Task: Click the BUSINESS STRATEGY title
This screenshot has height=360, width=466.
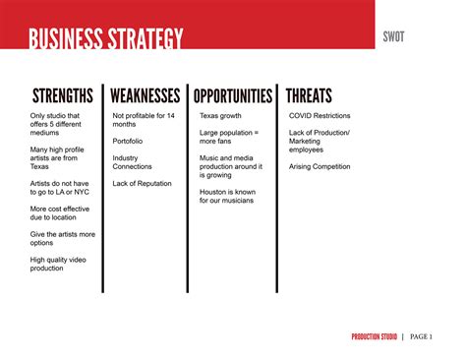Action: [105, 40]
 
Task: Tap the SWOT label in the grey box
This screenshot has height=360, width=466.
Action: [394, 36]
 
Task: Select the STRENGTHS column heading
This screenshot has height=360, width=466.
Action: [63, 96]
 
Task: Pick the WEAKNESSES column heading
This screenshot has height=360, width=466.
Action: [145, 96]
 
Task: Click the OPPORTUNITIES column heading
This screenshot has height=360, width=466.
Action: [233, 96]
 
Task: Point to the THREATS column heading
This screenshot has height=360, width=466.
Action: [309, 96]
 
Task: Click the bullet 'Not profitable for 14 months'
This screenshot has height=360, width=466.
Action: [144, 120]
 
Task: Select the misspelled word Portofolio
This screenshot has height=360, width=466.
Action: [131, 140]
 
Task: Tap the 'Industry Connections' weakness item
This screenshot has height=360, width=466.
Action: [133, 161]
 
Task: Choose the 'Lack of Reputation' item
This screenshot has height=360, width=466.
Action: [142, 183]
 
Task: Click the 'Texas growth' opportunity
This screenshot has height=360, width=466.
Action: [220, 115]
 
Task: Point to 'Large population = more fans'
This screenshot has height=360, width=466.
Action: [228, 136]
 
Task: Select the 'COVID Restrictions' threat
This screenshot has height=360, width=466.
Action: [320, 115]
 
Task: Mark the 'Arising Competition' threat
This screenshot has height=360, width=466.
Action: [320, 166]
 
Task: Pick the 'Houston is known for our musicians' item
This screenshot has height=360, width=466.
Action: [226, 195]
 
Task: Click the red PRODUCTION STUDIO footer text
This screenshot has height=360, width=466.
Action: [375, 337]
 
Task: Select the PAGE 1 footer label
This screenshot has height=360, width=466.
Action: [421, 337]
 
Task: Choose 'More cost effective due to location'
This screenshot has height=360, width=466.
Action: [61, 212]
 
